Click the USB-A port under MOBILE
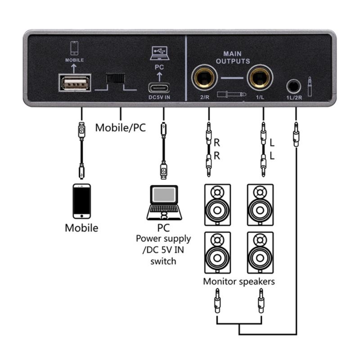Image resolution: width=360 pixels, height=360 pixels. [x=75, y=83]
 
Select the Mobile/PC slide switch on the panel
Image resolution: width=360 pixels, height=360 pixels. [x=115, y=78]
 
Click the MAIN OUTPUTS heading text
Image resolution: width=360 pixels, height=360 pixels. [x=233, y=57]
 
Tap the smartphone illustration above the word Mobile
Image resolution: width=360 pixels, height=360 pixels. [x=81, y=201]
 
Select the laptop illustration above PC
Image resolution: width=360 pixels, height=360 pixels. [x=164, y=202]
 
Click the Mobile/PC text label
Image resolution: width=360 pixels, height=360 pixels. [x=120, y=128]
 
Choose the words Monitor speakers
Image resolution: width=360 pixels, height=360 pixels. [x=239, y=282]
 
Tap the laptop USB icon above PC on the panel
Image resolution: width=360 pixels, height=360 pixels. [x=160, y=53]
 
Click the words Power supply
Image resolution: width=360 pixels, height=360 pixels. [x=163, y=238]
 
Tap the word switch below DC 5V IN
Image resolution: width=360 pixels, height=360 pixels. [x=163, y=261]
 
